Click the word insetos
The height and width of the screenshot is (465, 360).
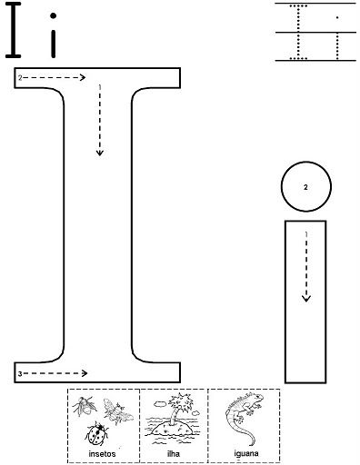(x=102, y=454)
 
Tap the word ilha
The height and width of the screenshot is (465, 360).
(x=174, y=453)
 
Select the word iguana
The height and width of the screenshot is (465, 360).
(x=246, y=453)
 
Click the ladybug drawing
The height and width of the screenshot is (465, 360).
(x=96, y=433)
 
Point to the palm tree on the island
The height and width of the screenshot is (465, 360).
(x=179, y=407)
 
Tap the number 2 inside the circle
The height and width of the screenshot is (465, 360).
(x=305, y=187)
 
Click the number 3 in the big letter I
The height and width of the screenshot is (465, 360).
(x=20, y=374)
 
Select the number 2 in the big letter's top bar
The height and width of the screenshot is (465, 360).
(x=20, y=78)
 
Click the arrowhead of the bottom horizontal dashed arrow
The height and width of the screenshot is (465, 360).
(x=85, y=373)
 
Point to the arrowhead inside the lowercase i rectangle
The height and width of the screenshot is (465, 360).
(x=306, y=299)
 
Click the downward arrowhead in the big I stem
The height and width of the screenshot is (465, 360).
(x=100, y=153)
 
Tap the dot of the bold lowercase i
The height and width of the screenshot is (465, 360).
(x=54, y=15)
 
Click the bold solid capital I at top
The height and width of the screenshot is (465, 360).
(x=14, y=30)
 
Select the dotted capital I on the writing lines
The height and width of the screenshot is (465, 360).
(x=298, y=32)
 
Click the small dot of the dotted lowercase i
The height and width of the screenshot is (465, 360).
(x=337, y=17)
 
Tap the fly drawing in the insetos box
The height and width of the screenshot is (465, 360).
(x=85, y=406)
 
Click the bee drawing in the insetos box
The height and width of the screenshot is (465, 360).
(x=117, y=411)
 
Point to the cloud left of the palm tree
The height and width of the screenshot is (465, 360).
(x=160, y=403)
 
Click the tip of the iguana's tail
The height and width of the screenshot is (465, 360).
(x=254, y=444)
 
